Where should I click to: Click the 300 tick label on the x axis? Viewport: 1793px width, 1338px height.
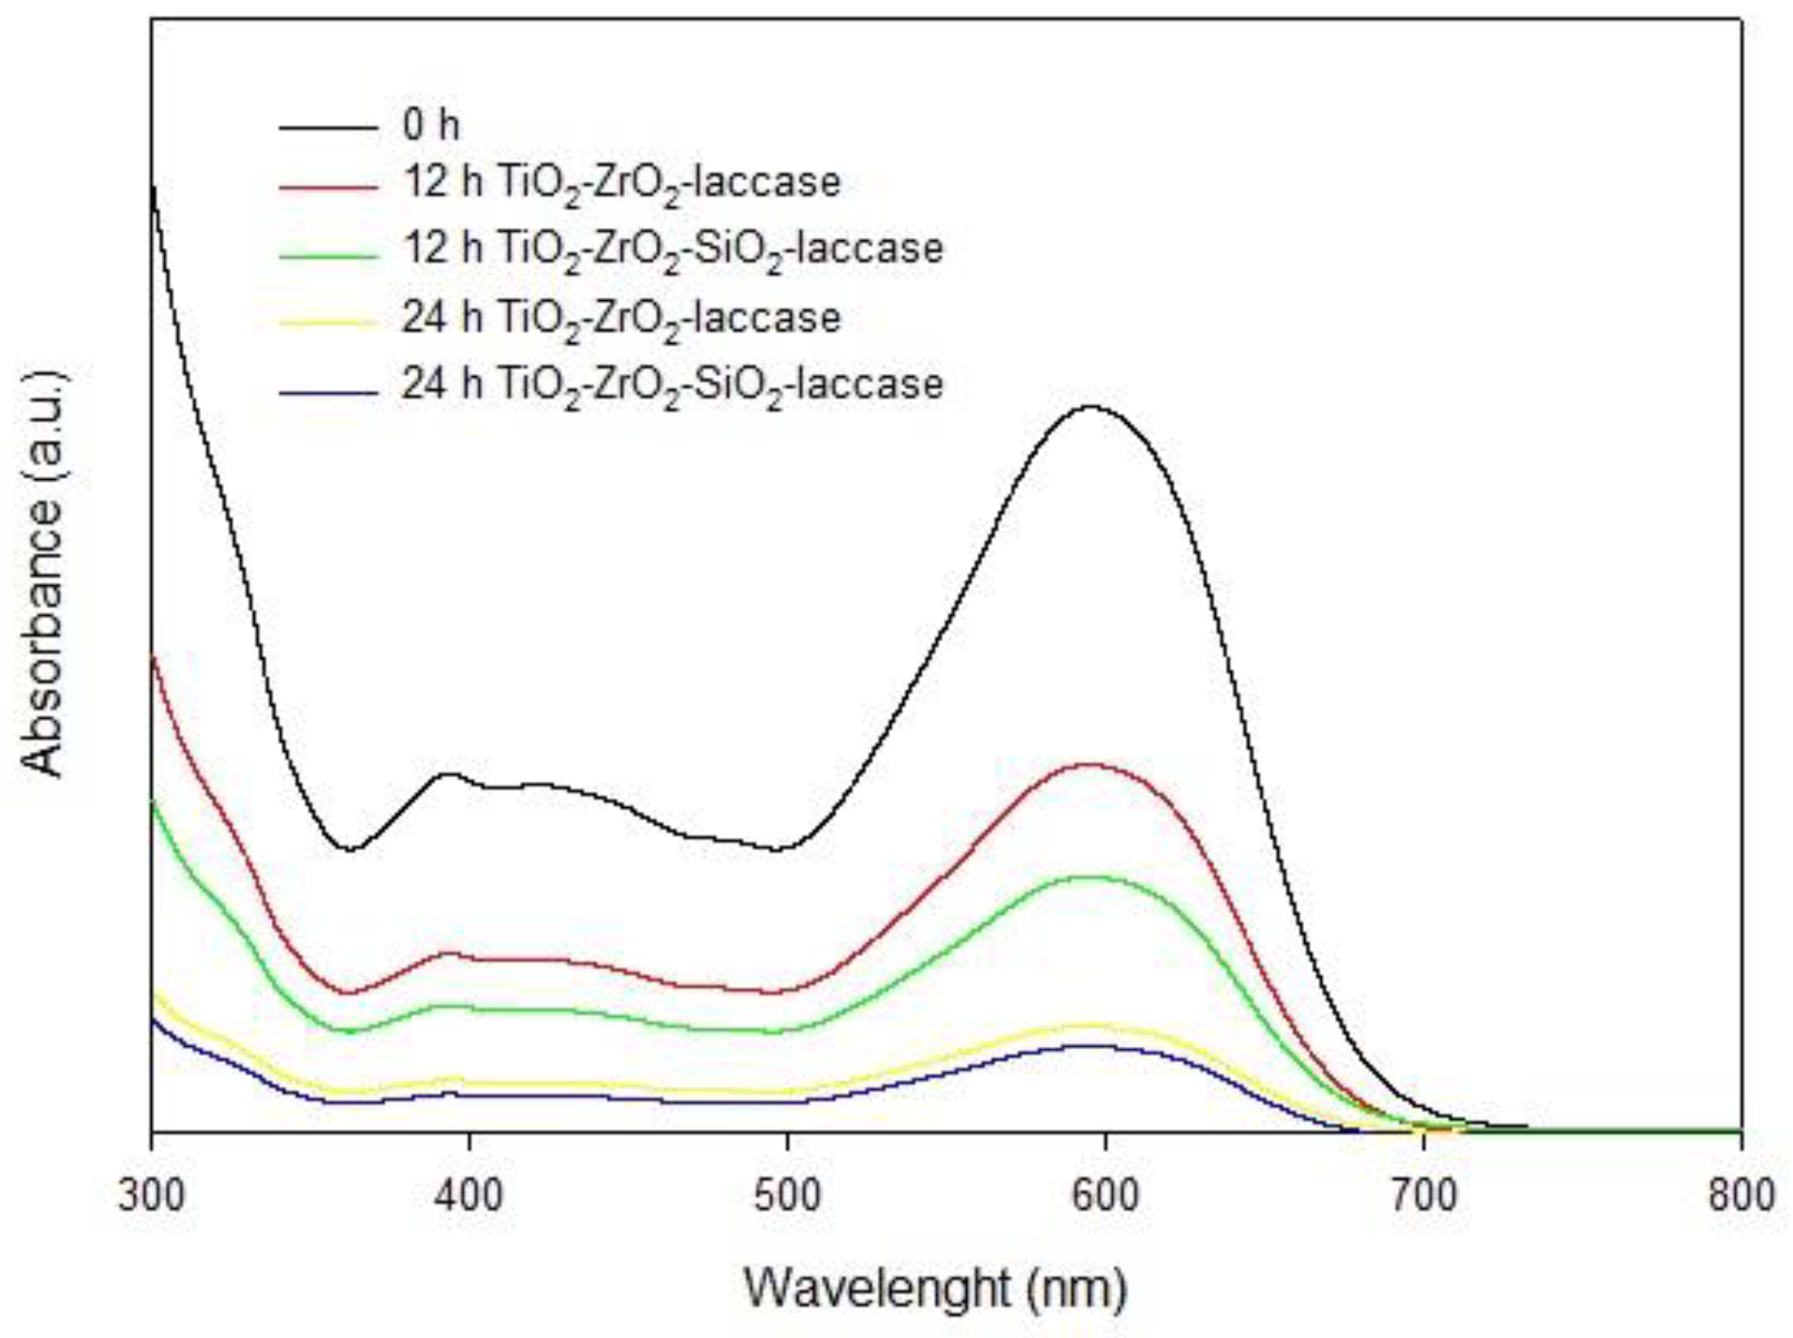click(151, 1195)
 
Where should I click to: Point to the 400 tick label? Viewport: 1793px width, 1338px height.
click(470, 1195)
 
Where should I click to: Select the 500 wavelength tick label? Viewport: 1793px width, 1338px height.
click(787, 1195)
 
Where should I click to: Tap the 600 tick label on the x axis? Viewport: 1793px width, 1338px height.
click(1106, 1195)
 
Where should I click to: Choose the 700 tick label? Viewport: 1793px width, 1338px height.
click(1424, 1195)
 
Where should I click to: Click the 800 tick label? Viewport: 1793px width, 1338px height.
click(1741, 1195)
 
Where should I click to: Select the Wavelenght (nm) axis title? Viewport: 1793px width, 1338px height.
click(935, 1288)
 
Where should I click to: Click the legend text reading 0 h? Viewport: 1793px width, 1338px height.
click(431, 125)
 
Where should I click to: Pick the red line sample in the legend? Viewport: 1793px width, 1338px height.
click(328, 186)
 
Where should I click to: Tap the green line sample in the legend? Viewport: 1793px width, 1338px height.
click(328, 254)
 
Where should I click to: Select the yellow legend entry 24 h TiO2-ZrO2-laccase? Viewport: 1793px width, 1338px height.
click(620, 318)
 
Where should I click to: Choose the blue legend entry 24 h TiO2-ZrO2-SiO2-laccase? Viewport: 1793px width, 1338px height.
click(671, 384)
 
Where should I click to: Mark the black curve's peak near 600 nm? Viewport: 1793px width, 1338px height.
click(1092, 406)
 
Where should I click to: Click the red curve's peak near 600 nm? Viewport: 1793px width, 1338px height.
click(1090, 764)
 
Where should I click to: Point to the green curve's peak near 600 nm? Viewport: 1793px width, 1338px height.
click(1090, 876)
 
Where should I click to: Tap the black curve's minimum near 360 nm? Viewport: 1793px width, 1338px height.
click(351, 849)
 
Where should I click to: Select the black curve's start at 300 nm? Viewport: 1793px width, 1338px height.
click(154, 188)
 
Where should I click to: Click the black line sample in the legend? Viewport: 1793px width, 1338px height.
click(328, 128)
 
